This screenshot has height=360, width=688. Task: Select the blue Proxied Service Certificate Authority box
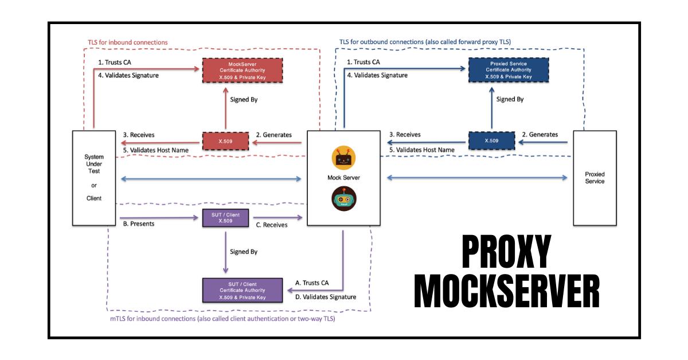click(x=508, y=69)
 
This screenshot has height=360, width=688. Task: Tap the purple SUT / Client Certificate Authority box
click(x=243, y=290)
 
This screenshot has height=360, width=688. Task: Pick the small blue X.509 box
click(x=491, y=140)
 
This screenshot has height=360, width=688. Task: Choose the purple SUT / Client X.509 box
click(x=226, y=218)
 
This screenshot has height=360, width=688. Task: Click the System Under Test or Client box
click(x=93, y=178)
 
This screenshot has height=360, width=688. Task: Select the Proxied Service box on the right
click(x=595, y=178)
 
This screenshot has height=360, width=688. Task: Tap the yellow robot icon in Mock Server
click(x=344, y=158)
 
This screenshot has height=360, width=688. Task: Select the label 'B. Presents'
click(x=139, y=224)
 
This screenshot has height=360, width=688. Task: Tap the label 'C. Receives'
click(x=271, y=225)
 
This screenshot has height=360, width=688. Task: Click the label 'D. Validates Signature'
click(x=326, y=297)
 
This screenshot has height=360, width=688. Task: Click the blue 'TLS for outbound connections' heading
click(x=425, y=42)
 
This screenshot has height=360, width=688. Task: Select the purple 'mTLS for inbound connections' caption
click(x=222, y=319)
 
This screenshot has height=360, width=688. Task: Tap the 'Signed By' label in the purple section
click(x=244, y=252)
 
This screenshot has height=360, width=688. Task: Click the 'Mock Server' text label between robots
click(x=343, y=178)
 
